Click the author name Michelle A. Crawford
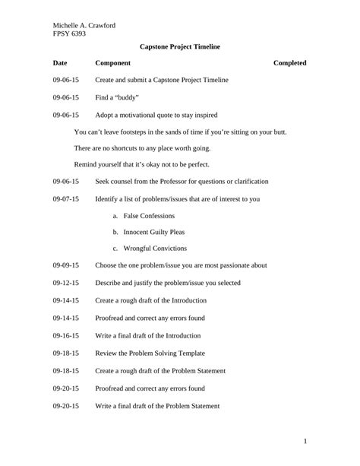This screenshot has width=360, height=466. [x=84, y=25]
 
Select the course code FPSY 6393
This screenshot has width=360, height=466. [x=69, y=34]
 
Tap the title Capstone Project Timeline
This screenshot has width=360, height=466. [x=180, y=47]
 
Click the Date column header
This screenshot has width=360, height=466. [x=61, y=63]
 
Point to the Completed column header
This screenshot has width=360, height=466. [x=289, y=63]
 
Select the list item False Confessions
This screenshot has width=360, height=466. [x=149, y=216]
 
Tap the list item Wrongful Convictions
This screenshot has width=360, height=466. [x=154, y=249]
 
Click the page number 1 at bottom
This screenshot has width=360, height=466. [x=305, y=442]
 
